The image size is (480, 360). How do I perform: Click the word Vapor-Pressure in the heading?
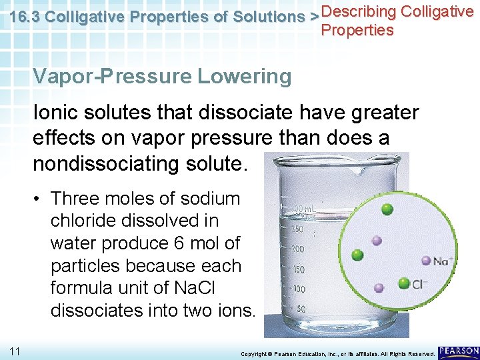click(111, 77)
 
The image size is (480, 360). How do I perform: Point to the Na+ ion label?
click(443, 261)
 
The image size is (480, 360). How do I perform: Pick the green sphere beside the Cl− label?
click(404, 283)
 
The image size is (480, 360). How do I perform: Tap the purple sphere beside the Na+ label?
click(426, 261)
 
